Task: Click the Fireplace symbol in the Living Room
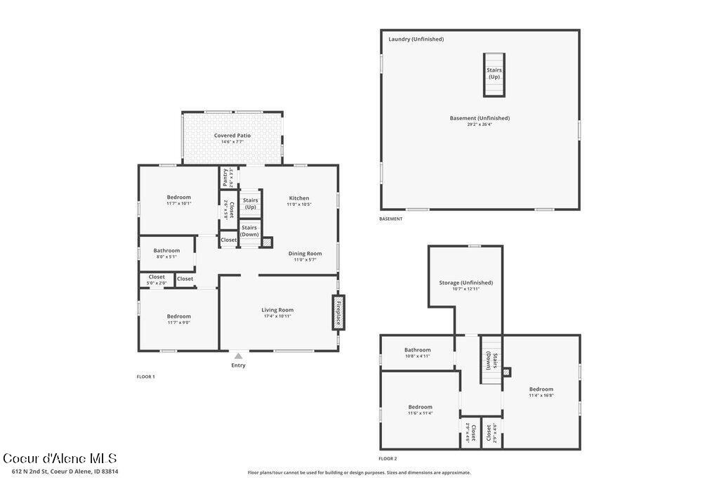pyautogui.click(x=338, y=311)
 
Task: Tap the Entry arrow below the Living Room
pyautogui.click(x=239, y=356)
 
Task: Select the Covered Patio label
pyautogui.click(x=232, y=136)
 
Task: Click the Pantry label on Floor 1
pyautogui.click(x=225, y=176)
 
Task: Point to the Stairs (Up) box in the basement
pyautogui.click(x=494, y=74)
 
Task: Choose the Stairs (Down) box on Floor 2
pyautogui.click(x=490, y=360)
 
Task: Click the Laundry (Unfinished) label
pyautogui.click(x=416, y=39)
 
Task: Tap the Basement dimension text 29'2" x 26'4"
pyautogui.click(x=480, y=125)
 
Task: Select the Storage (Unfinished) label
pyautogui.click(x=466, y=283)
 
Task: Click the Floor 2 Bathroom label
pyautogui.click(x=417, y=350)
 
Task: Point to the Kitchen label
pyautogui.click(x=299, y=198)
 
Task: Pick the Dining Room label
pyautogui.click(x=305, y=254)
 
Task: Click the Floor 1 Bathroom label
pyautogui.click(x=166, y=250)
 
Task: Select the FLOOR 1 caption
pyautogui.click(x=145, y=377)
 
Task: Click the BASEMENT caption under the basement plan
pyautogui.click(x=391, y=219)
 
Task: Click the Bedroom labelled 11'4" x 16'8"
pyautogui.click(x=541, y=389)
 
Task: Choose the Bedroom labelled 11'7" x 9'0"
pyautogui.click(x=178, y=316)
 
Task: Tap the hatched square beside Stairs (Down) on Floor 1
pyautogui.click(x=267, y=242)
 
